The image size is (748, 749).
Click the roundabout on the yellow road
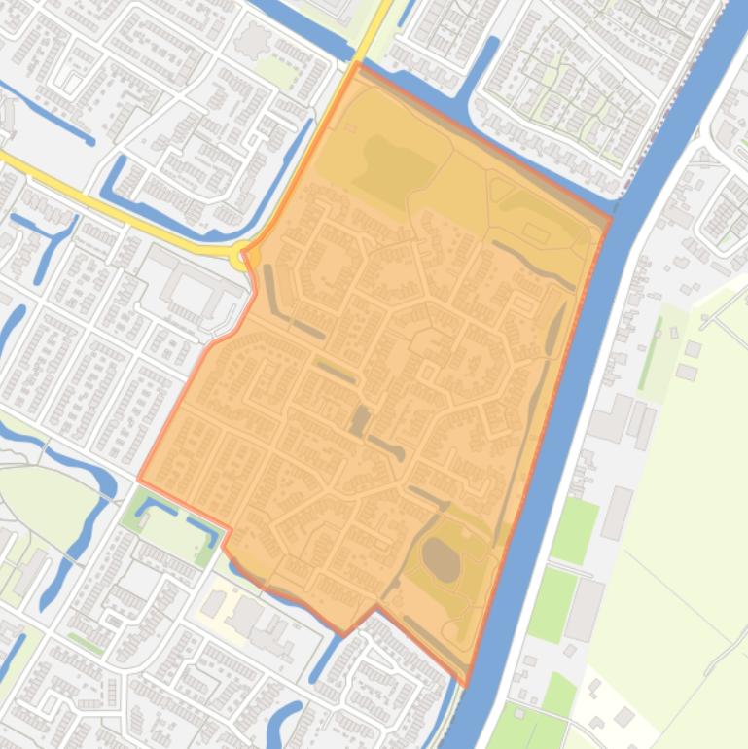pos(239,257)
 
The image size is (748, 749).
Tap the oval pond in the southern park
pos(443,561)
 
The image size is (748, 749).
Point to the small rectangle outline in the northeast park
pos(535,232)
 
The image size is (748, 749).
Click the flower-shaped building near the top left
pos(255,40)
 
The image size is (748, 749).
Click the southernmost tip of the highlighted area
pos(465,685)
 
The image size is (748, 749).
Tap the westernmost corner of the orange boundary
pos(139,479)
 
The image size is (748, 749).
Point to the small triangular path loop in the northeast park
pos(503,190)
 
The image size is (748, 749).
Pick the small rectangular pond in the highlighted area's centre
pos(359,420)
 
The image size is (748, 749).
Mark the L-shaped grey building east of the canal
pos(613,416)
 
